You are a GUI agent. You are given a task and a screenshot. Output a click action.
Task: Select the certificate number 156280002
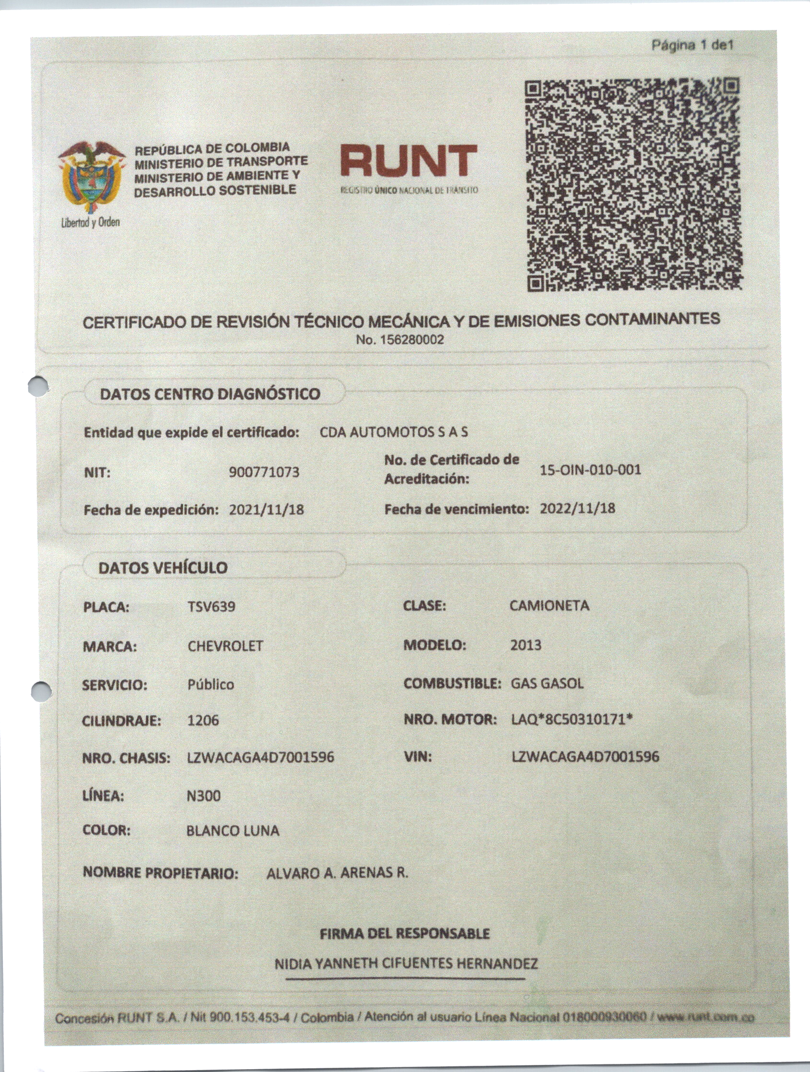400,340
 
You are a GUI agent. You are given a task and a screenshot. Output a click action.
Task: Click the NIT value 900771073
264,472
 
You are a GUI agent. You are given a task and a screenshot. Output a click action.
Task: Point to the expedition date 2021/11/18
266,510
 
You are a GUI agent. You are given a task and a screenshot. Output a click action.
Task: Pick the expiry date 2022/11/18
577,508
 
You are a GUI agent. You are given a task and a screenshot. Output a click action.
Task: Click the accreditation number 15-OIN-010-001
590,470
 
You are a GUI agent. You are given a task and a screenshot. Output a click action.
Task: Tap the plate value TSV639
211,607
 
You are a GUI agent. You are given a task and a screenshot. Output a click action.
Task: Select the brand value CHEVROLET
225,646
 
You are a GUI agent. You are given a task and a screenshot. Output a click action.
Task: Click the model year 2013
525,645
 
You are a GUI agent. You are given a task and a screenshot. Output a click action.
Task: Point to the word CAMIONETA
549,606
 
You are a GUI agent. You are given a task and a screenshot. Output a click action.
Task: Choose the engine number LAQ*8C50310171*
572,719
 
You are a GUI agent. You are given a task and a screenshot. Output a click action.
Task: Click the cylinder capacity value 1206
203,721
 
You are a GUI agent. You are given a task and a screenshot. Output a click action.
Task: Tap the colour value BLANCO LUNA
233,831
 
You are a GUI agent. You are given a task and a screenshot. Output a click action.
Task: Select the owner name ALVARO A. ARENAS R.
337,873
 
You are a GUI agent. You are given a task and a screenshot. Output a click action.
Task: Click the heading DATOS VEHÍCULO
163,568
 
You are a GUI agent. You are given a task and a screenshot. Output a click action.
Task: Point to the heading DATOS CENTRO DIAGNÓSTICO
210,394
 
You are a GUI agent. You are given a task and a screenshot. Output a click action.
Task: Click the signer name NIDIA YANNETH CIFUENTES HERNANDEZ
406,964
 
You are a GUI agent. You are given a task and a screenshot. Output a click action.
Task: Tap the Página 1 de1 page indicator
693,46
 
